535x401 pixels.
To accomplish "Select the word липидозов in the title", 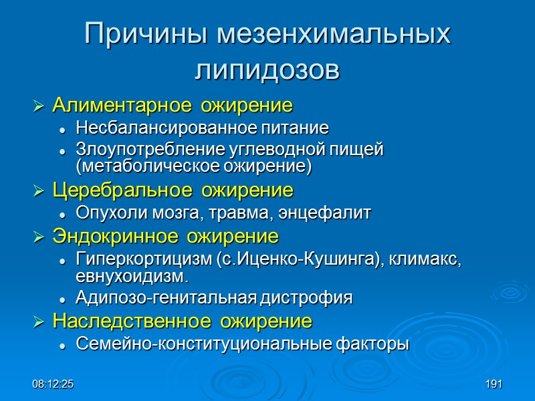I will pos(267,69).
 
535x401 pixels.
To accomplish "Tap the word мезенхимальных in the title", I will pos(332,35).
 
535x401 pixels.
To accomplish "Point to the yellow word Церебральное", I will pos(110,190).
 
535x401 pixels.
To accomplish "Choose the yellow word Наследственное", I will pos(118,321).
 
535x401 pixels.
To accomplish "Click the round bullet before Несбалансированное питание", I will pos(62,128).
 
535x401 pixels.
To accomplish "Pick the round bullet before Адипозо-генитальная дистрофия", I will pos(62,299).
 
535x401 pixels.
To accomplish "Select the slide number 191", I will pos(494,385).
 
